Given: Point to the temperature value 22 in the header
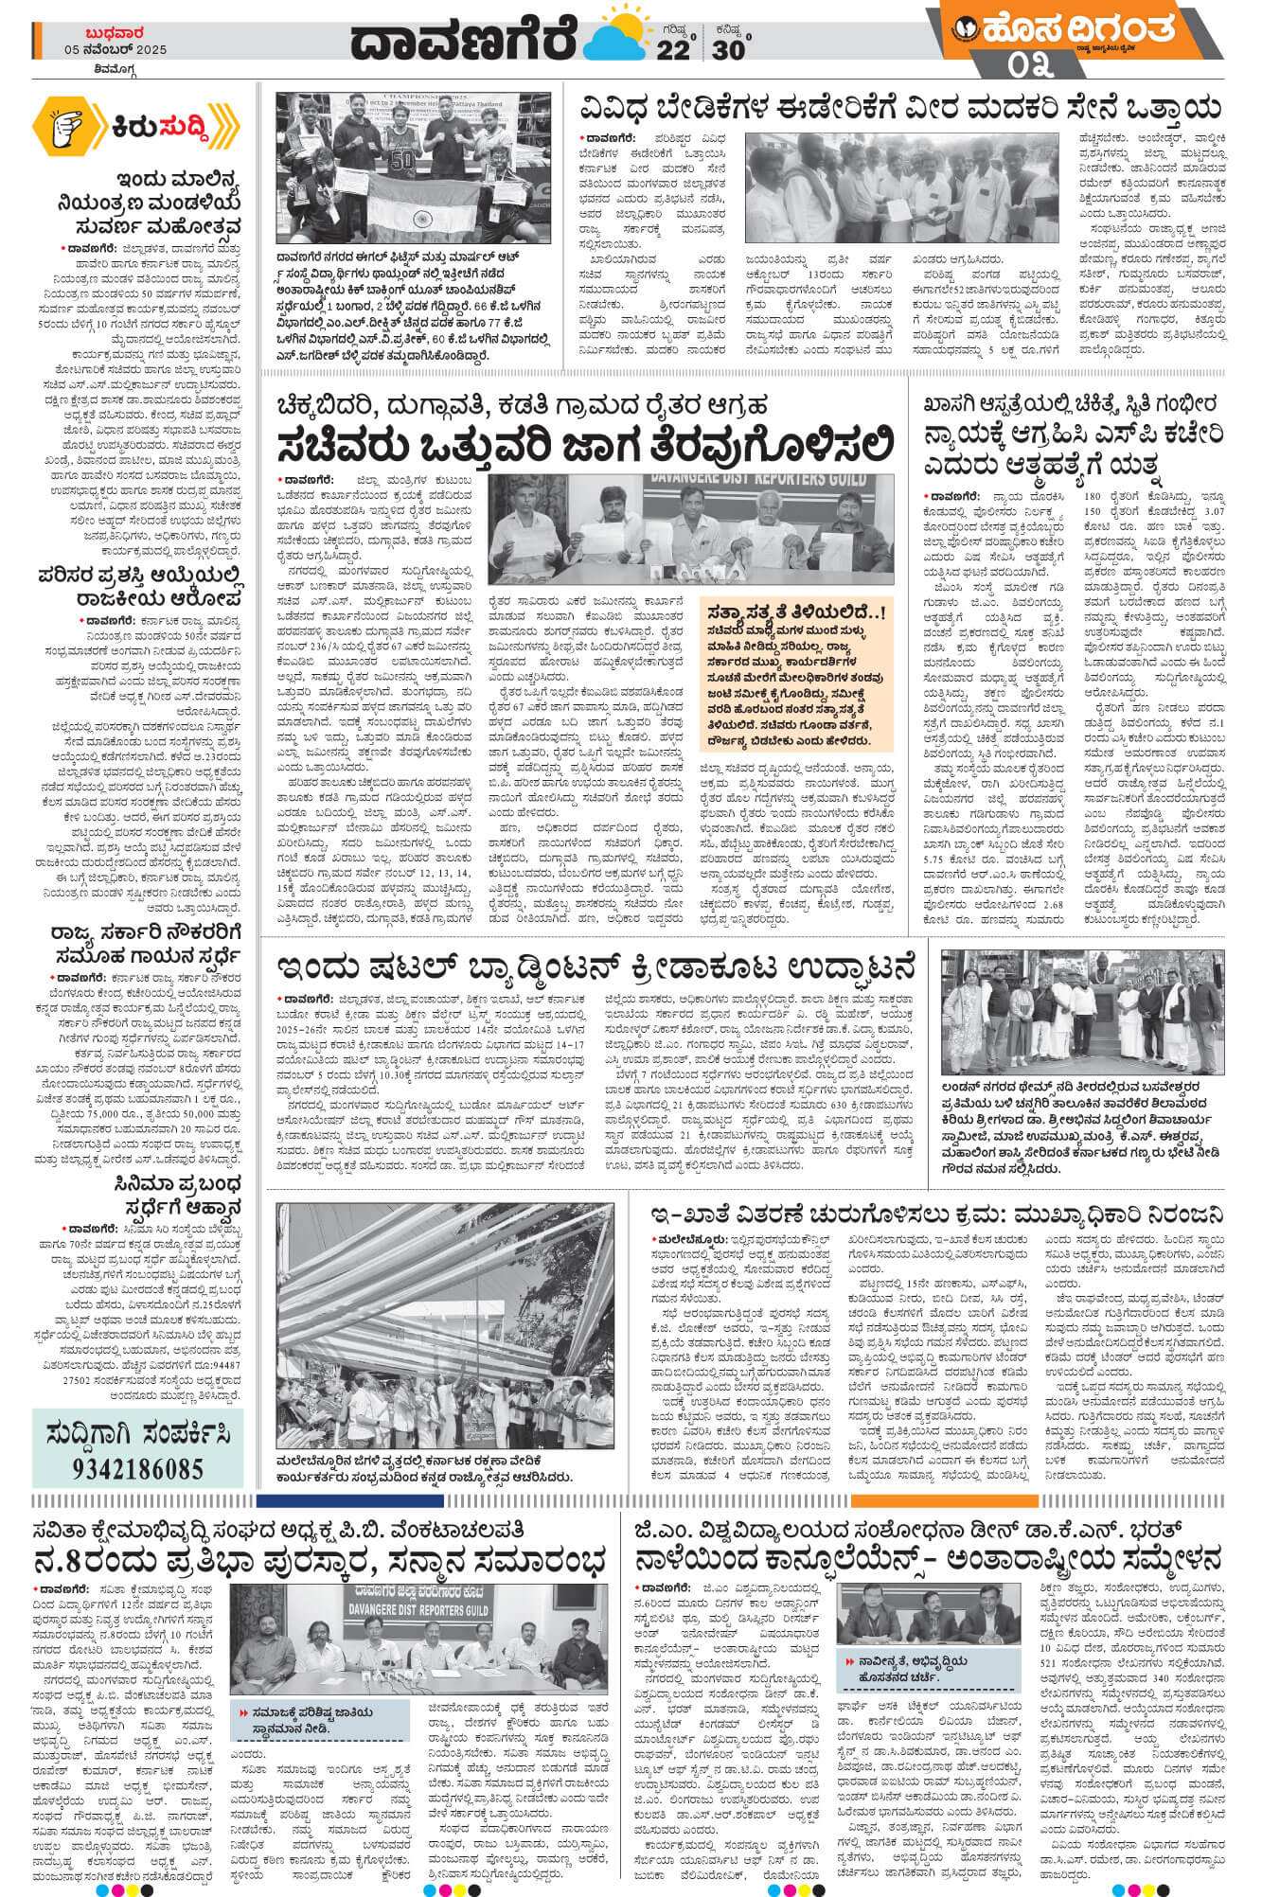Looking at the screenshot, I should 673,48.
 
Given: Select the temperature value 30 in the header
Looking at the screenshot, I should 728,48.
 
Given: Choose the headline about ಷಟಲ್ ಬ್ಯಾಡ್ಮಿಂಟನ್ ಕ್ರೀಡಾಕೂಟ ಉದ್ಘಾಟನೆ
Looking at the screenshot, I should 596,967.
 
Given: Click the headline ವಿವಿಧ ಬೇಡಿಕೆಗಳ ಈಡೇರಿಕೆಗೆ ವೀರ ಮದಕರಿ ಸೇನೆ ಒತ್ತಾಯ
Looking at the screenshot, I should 900,107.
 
